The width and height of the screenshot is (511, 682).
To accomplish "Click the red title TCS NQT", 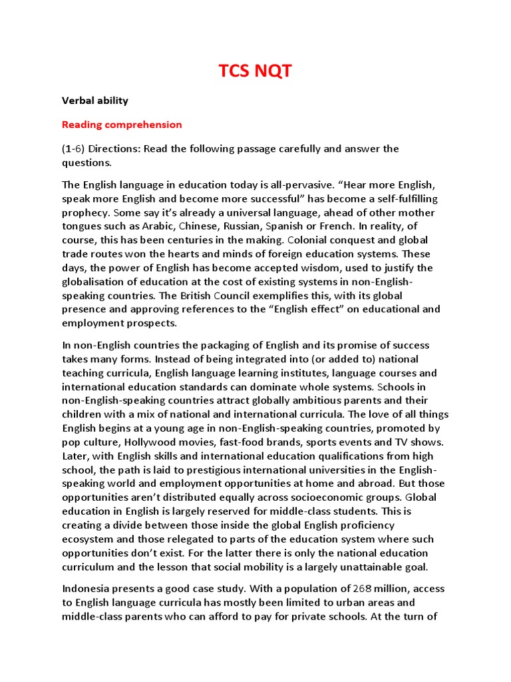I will coord(255,71).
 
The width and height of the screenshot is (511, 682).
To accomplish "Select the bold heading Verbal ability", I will coord(95,101).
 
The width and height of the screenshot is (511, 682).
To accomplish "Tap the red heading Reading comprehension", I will coord(122,125).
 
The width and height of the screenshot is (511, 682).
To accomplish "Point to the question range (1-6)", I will coord(74,149).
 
